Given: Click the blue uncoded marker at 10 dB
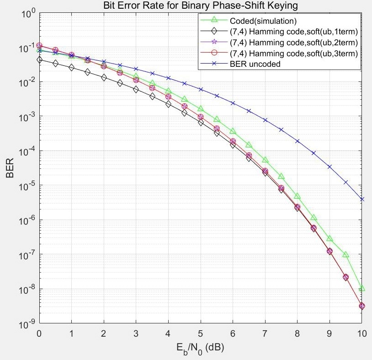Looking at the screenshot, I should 362,199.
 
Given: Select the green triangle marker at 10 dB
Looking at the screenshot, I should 362,289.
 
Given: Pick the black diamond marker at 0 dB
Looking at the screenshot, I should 39,59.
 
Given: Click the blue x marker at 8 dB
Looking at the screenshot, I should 298,141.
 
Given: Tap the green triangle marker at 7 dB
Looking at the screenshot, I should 265,160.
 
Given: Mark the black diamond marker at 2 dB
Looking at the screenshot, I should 104,78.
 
